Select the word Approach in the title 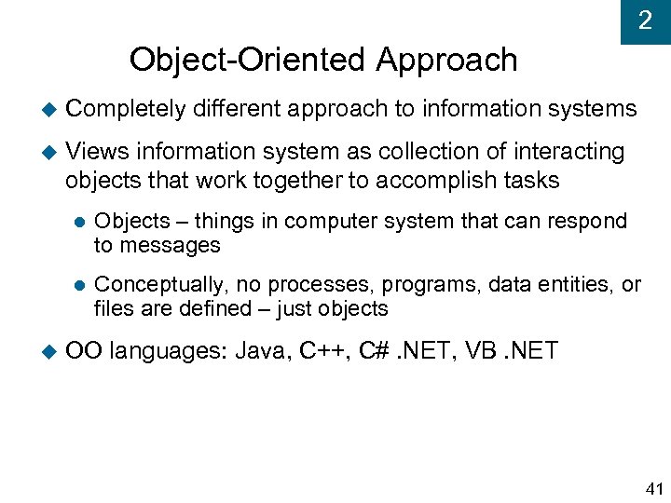[x=446, y=60]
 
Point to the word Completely [x=126, y=109]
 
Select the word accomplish [x=425, y=180]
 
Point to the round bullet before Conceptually [x=79, y=285]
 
